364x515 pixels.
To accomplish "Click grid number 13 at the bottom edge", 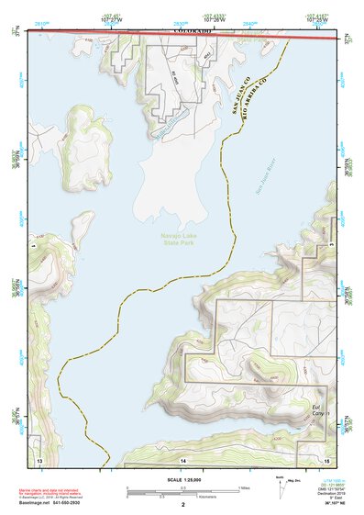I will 39,458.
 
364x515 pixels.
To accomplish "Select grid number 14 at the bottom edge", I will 182,458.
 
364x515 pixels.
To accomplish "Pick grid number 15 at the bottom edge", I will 325,458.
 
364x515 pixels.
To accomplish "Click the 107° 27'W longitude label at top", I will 110,17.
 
